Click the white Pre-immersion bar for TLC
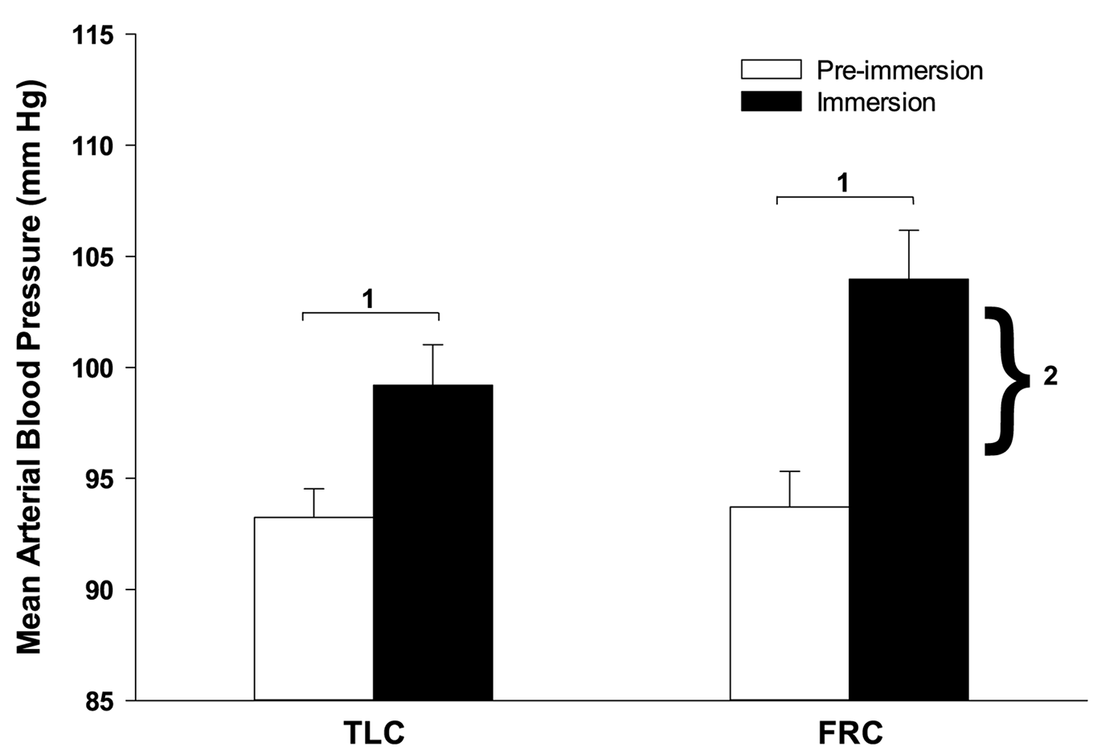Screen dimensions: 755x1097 click(313, 609)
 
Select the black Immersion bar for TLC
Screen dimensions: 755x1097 click(432, 543)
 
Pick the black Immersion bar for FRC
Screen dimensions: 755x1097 click(908, 490)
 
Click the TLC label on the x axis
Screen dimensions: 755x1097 click(374, 733)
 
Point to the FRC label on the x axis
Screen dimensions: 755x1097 click(850, 733)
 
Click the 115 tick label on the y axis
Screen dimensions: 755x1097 click(93, 35)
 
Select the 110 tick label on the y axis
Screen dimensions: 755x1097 click(93, 146)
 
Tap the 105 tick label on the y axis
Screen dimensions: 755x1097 click(93, 257)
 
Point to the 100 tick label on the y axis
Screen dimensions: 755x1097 click(93, 368)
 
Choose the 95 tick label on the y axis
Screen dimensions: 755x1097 click(100, 479)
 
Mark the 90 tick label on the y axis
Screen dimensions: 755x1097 click(100, 590)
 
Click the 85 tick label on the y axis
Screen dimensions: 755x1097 click(100, 700)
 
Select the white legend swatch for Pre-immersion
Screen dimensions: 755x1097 click(771, 70)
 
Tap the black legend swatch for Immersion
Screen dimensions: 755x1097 click(771, 102)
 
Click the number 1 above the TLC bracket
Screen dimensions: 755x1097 click(368, 299)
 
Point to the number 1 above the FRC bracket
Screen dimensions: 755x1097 click(843, 183)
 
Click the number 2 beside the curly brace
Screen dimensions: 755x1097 click(1050, 376)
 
